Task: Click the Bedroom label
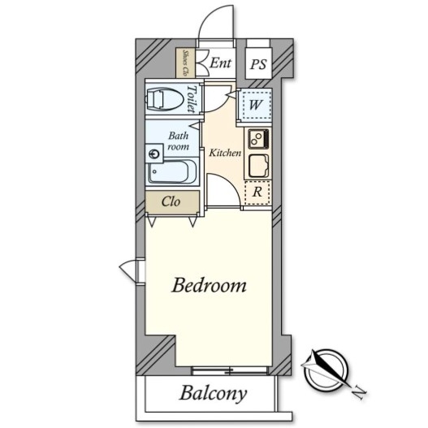pos(209,286)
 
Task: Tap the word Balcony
pos(213,394)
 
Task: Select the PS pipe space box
pos(258,63)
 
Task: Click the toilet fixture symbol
pos(165,99)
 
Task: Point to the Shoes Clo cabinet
pos(185,63)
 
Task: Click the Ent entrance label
pos(221,63)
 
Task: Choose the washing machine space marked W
pos(255,105)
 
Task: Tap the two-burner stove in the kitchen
pos(258,139)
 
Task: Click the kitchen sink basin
pos(259,166)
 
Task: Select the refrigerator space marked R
pos(257,192)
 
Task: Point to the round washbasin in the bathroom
pos(153,154)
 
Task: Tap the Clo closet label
pos(171,202)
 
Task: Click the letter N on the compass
pos(359,392)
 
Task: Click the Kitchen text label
pos(225,153)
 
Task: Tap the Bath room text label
pos(178,141)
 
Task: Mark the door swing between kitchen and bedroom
pos(231,182)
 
